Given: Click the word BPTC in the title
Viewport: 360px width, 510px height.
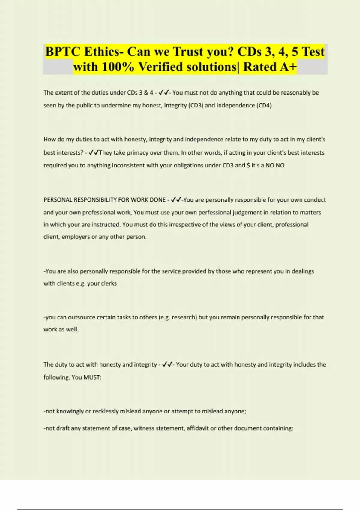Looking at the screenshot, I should click(63, 52).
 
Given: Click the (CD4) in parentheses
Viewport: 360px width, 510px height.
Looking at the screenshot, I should click(264, 105).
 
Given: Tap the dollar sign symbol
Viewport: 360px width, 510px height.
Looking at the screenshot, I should click(248, 165).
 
